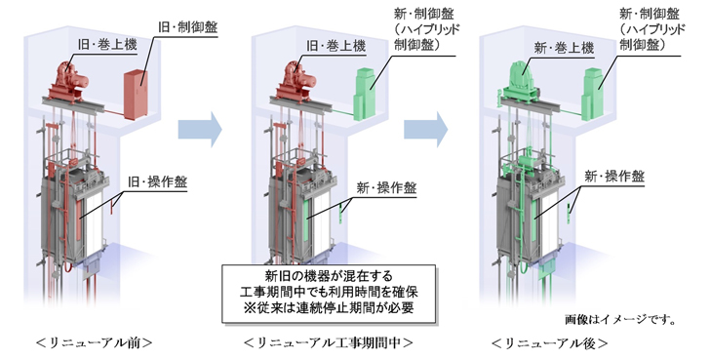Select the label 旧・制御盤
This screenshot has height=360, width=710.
(x=188, y=26)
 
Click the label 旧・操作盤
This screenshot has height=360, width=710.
(x=157, y=182)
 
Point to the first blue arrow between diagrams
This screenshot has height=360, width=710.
(x=200, y=130)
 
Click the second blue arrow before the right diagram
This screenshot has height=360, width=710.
(x=425, y=130)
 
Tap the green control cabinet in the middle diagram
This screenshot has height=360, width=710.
(x=365, y=95)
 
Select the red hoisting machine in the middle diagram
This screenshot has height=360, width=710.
(x=297, y=82)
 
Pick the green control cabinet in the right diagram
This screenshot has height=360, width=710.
(x=593, y=95)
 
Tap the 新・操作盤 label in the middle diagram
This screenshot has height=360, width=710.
(x=386, y=188)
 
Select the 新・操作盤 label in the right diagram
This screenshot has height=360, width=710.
(x=614, y=177)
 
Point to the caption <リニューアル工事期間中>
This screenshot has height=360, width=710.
(x=329, y=342)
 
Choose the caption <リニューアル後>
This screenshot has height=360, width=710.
(x=549, y=342)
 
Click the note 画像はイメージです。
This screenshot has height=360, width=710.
(x=621, y=319)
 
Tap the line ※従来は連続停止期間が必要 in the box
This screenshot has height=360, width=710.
(x=329, y=307)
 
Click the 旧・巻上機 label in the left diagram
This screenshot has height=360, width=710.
(x=107, y=45)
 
